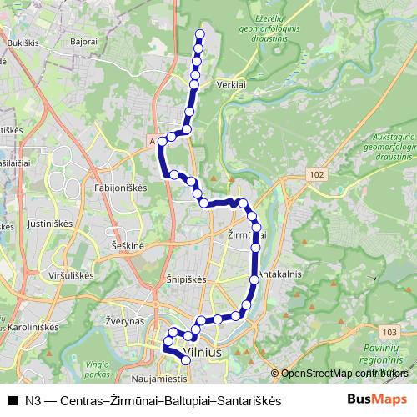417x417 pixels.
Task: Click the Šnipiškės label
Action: coord(185,280)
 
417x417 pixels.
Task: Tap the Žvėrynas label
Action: coord(125,321)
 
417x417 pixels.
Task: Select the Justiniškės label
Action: coord(52,224)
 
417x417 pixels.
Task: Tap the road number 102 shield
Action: coord(314,173)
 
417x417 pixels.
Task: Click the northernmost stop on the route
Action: coord(199,35)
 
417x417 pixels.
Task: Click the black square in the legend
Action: coord(13,401)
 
